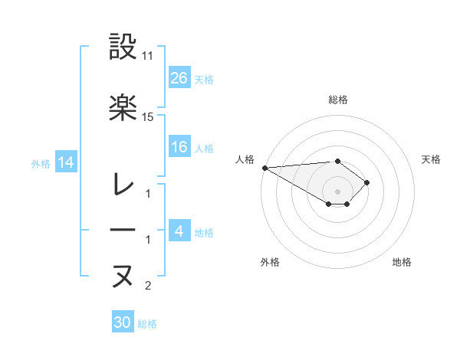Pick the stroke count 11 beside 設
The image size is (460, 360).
click(148, 57)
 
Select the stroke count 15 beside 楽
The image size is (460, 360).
click(148, 117)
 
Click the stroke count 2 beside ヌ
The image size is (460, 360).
click(148, 286)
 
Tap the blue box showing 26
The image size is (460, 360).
click(179, 77)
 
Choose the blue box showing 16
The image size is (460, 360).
click(179, 147)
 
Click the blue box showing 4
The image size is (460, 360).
click(179, 231)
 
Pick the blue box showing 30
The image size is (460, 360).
click(122, 322)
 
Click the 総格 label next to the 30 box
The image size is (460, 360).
click(147, 324)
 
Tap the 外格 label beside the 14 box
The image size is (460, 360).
click(41, 163)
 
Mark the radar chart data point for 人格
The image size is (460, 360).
click(264, 168)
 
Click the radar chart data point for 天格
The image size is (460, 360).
click(367, 182)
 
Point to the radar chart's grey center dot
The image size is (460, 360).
click(337, 191)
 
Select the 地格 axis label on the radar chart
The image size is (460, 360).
click(402, 263)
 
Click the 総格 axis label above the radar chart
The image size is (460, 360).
click(337, 100)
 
